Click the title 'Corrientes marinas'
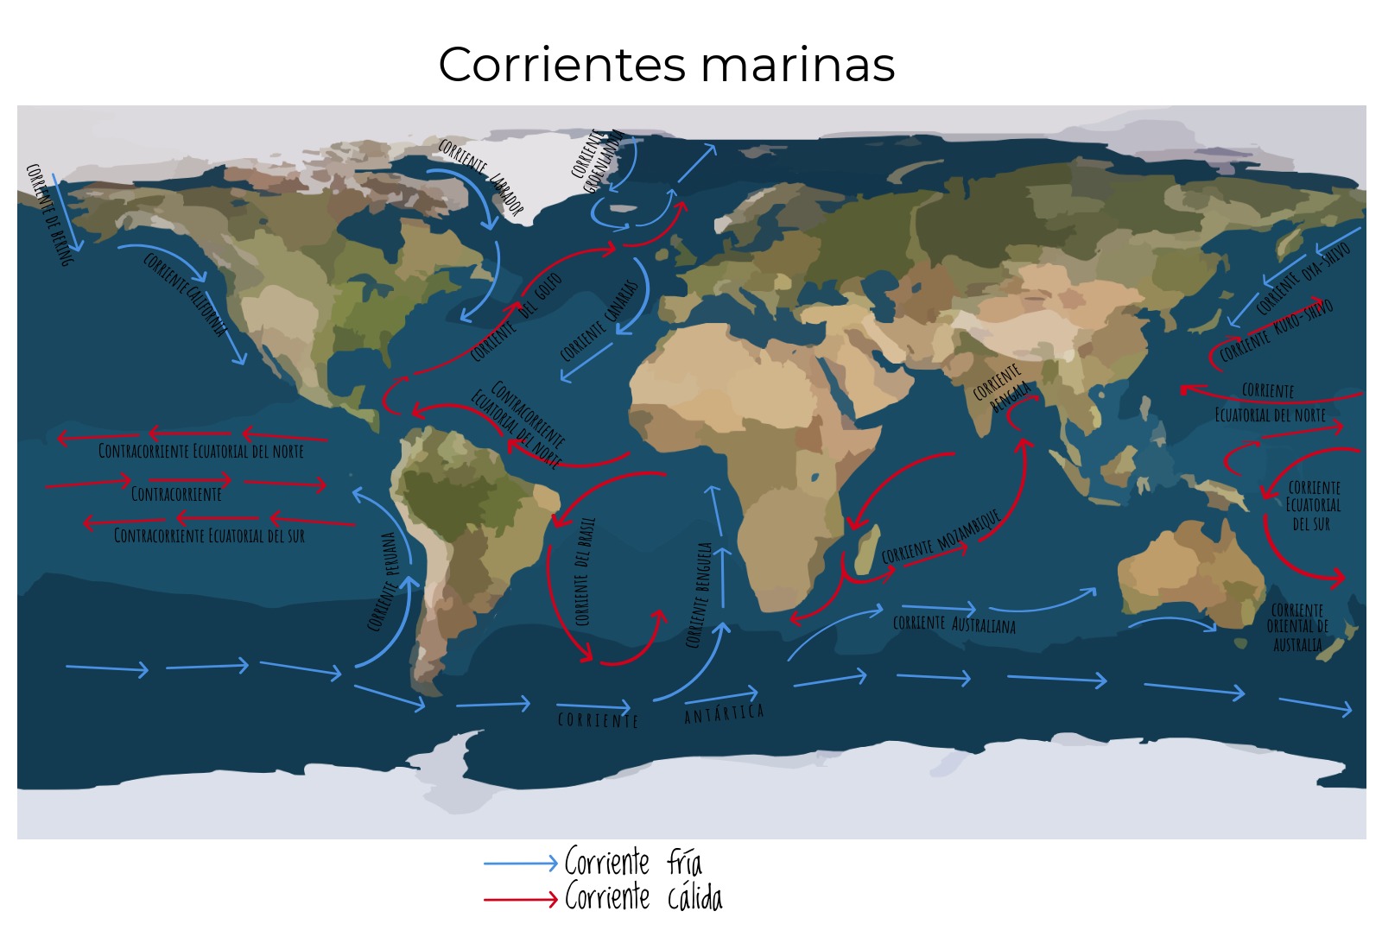[x=666, y=65]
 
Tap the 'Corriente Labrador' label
[x=480, y=175]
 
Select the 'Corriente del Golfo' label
[x=517, y=317]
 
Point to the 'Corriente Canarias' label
[x=599, y=321]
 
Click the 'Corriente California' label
[x=185, y=294]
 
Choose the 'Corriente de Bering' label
[x=48, y=214]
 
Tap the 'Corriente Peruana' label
[x=382, y=581]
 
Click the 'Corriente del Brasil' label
[x=585, y=572]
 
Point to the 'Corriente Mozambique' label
[x=941, y=537]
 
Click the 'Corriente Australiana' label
[x=954, y=623]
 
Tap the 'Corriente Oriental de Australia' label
[x=1297, y=628]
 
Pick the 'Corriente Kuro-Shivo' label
[x=1277, y=330]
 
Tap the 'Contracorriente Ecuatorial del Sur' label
[x=209, y=536]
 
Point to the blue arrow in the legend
[x=521, y=863]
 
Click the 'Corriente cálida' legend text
[x=643, y=898]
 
